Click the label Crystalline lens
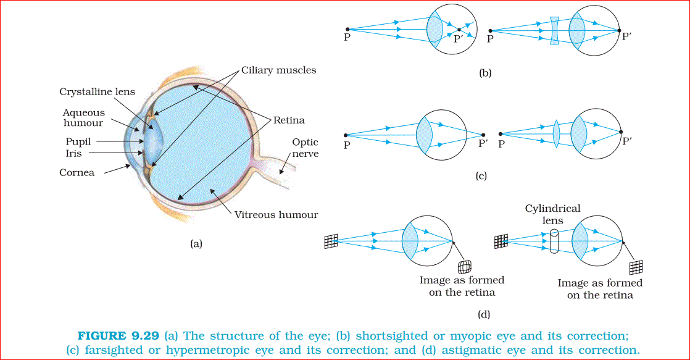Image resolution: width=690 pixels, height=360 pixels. [97, 92]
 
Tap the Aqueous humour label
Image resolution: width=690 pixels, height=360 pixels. [84, 118]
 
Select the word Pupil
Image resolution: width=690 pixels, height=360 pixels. [78, 142]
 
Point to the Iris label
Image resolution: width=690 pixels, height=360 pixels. [73, 153]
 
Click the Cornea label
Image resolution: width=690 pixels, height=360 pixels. [77, 173]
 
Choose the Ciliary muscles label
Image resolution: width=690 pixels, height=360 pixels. [278, 70]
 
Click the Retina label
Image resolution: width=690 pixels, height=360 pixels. [289, 120]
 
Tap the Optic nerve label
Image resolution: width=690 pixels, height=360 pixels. [306, 148]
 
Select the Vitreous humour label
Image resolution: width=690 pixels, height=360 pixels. [276, 215]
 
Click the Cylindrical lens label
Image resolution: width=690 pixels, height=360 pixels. [552, 214]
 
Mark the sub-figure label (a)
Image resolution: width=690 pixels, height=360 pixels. [196, 244]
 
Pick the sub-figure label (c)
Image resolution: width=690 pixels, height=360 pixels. [481, 176]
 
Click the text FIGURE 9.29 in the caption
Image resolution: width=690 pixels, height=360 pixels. [119, 336]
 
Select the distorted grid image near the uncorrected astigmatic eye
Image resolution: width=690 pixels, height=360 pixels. [464, 266]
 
